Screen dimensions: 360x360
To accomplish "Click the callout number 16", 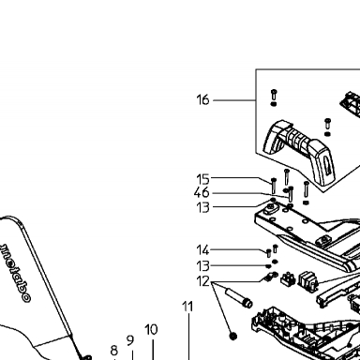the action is pyautogui.click(x=202, y=100).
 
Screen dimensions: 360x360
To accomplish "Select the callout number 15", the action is pyautogui.click(x=202, y=179).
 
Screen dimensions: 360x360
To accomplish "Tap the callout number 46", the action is pyautogui.click(x=202, y=193).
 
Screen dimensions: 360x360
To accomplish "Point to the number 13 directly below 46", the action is pyautogui.click(x=202, y=207).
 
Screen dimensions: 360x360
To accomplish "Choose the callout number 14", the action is pyautogui.click(x=202, y=250).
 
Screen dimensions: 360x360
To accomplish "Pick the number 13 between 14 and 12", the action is pyautogui.click(x=202, y=266).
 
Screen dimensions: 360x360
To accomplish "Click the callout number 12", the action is pyautogui.click(x=202, y=281).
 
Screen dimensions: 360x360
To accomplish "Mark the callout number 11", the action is pyautogui.click(x=187, y=307).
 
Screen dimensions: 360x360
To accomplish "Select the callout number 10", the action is pyautogui.click(x=151, y=330).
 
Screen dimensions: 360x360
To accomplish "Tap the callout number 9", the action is pyautogui.click(x=130, y=340).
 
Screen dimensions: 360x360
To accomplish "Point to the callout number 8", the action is pyautogui.click(x=114, y=351).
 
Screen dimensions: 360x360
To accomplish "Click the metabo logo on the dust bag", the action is pyautogui.click(x=16, y=273).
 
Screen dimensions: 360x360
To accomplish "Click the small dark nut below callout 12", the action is pyautogui.click(x=233, y=337).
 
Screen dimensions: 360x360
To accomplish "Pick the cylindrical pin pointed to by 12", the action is pyautogui.click(x=238, y=298).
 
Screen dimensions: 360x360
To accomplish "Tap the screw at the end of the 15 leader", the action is pyautogui.click(x=274, y=186).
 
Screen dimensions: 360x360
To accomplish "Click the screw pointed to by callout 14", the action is pyautogui.click(x=268, y=253).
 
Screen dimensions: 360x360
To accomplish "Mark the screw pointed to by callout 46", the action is pyautogui.click(x=291, y=194).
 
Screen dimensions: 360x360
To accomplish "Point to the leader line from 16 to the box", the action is pyautogui.click(x=234, y=100).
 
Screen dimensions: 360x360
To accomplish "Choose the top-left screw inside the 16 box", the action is pyautogui.click(x=274, y=95).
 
